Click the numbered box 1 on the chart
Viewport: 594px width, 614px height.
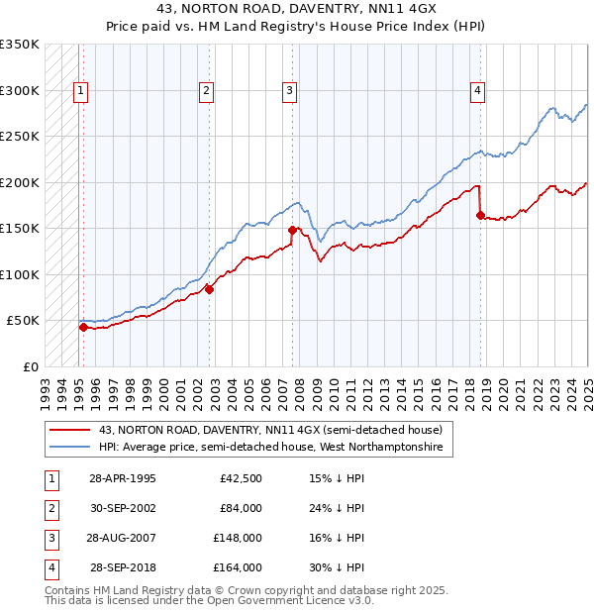(x=80, y=91)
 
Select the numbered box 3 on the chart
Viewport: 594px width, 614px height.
(x=290, y=91)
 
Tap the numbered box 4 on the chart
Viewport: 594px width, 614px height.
(x=477, y=91)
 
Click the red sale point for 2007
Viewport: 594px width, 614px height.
(x=293, y=230)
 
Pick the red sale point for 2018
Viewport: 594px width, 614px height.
(x=480, y=215)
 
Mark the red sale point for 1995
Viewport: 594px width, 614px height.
(x=83, y=327)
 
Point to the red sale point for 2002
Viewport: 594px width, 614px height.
(x=209, y=289)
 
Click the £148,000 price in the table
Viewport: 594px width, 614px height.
(x=238, y=540)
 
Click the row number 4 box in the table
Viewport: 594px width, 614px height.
(x=49, y=568)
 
